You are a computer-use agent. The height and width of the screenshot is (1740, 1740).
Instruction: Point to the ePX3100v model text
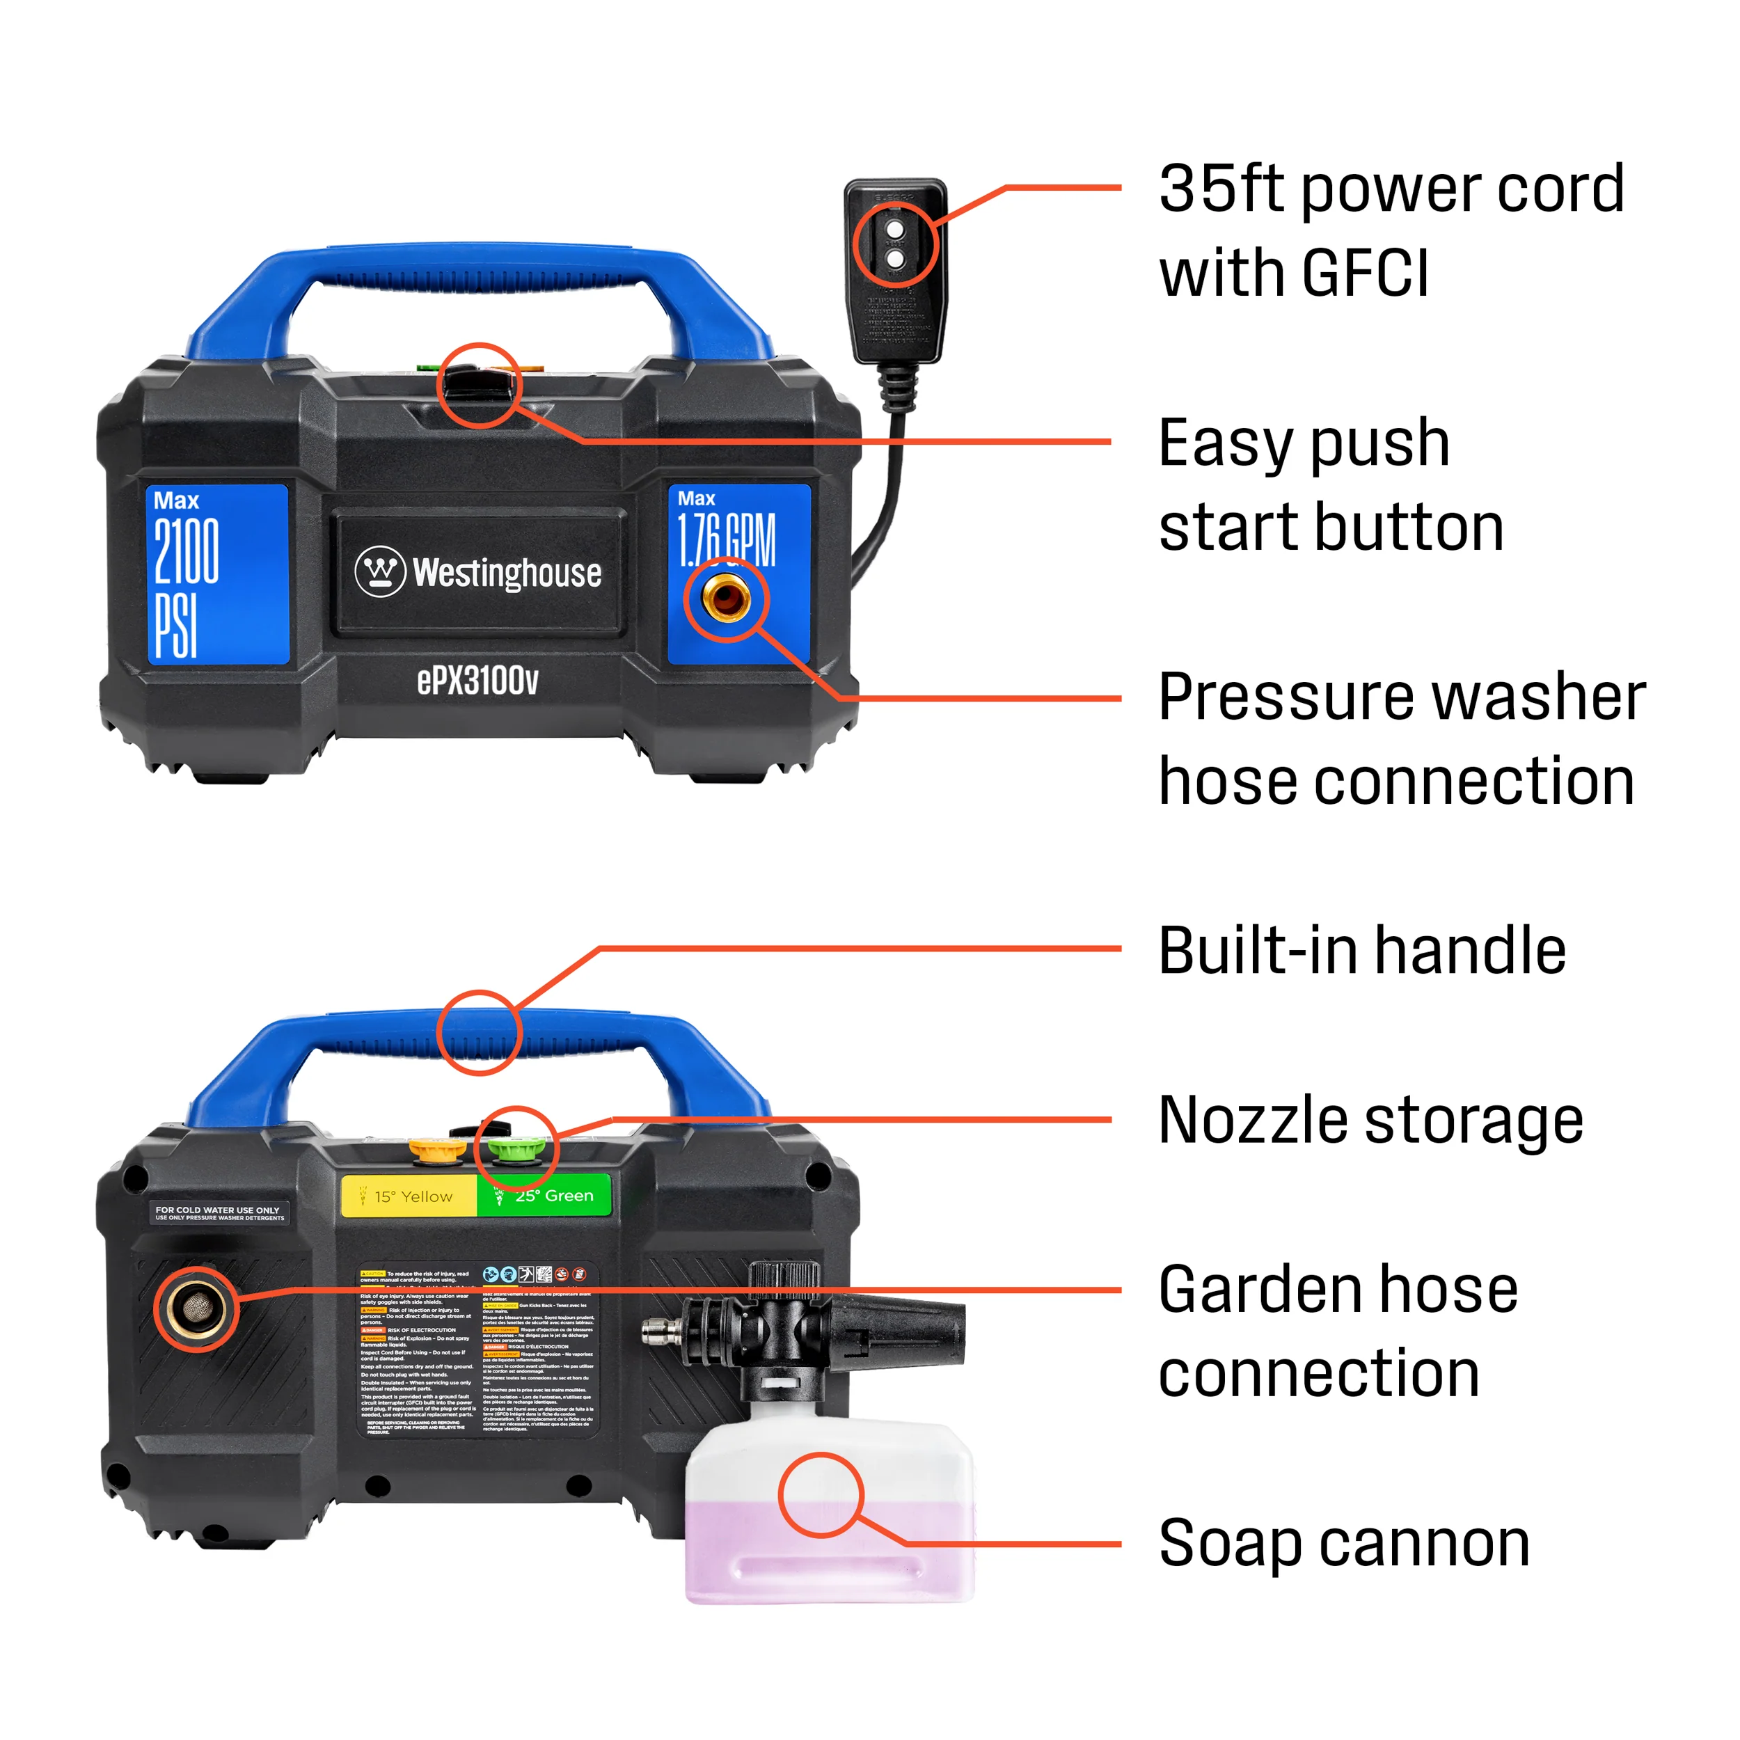tap(477, 681)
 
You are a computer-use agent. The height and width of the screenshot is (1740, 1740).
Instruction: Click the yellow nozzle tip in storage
tap(437, 1148)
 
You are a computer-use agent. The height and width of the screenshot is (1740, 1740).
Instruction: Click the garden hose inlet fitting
tap(195, 1308)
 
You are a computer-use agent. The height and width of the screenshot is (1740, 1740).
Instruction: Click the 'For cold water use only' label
tap(219, 1213)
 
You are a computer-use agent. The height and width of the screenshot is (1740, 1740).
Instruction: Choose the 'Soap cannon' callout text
tap(1344, 1543)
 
